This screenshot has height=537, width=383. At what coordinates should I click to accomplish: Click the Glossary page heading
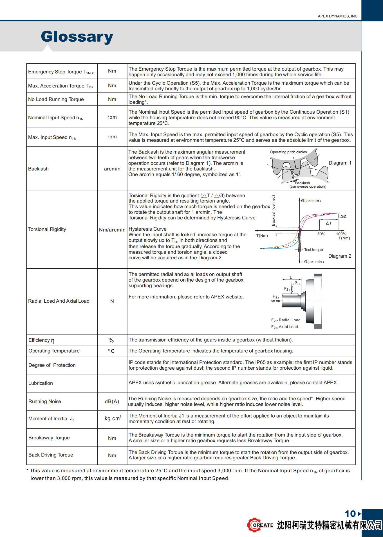coord(77,37)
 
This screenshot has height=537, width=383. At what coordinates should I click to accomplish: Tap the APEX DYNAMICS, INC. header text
coord(338,16)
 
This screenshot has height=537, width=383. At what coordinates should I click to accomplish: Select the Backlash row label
coord(38,169)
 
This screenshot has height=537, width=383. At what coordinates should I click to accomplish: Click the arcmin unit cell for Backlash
coord(112,169)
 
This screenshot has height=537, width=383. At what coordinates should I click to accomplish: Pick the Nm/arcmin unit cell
coord(112,230)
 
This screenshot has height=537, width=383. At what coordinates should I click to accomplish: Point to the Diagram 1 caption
coord(340,163)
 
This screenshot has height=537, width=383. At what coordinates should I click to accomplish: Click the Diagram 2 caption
coord(340,256)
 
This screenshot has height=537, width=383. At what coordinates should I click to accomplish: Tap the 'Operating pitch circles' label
coord(288,152)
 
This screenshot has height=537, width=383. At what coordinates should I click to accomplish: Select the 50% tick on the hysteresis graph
coord(321,234)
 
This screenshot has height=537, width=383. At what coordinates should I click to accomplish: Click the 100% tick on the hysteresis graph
coord(341,234)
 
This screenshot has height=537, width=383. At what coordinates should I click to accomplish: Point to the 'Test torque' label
coord(313,250)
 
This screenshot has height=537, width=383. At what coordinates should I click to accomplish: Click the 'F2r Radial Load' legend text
coord(286,320)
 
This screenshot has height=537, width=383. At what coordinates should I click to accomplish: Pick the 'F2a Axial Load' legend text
coord(284,327)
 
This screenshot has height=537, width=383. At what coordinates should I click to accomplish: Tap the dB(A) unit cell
coord(112,401)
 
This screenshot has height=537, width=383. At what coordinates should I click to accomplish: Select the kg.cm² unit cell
coord(113,419)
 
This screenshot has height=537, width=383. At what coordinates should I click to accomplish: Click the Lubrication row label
coord(41,383)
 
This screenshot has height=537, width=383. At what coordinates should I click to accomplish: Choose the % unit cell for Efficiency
coord(111,340)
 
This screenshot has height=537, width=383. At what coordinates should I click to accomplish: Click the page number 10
coord(350,514)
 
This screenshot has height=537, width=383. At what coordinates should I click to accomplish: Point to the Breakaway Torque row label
coord(49,438)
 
